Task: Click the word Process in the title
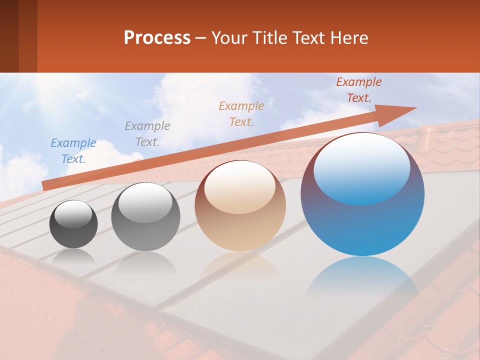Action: pos(157,37)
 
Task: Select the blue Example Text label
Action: pos(73,150)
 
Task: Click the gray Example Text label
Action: pos(147,133)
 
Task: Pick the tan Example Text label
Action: pos(241,113)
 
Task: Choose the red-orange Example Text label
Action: pos(358,89)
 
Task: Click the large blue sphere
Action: pos(362,225)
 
